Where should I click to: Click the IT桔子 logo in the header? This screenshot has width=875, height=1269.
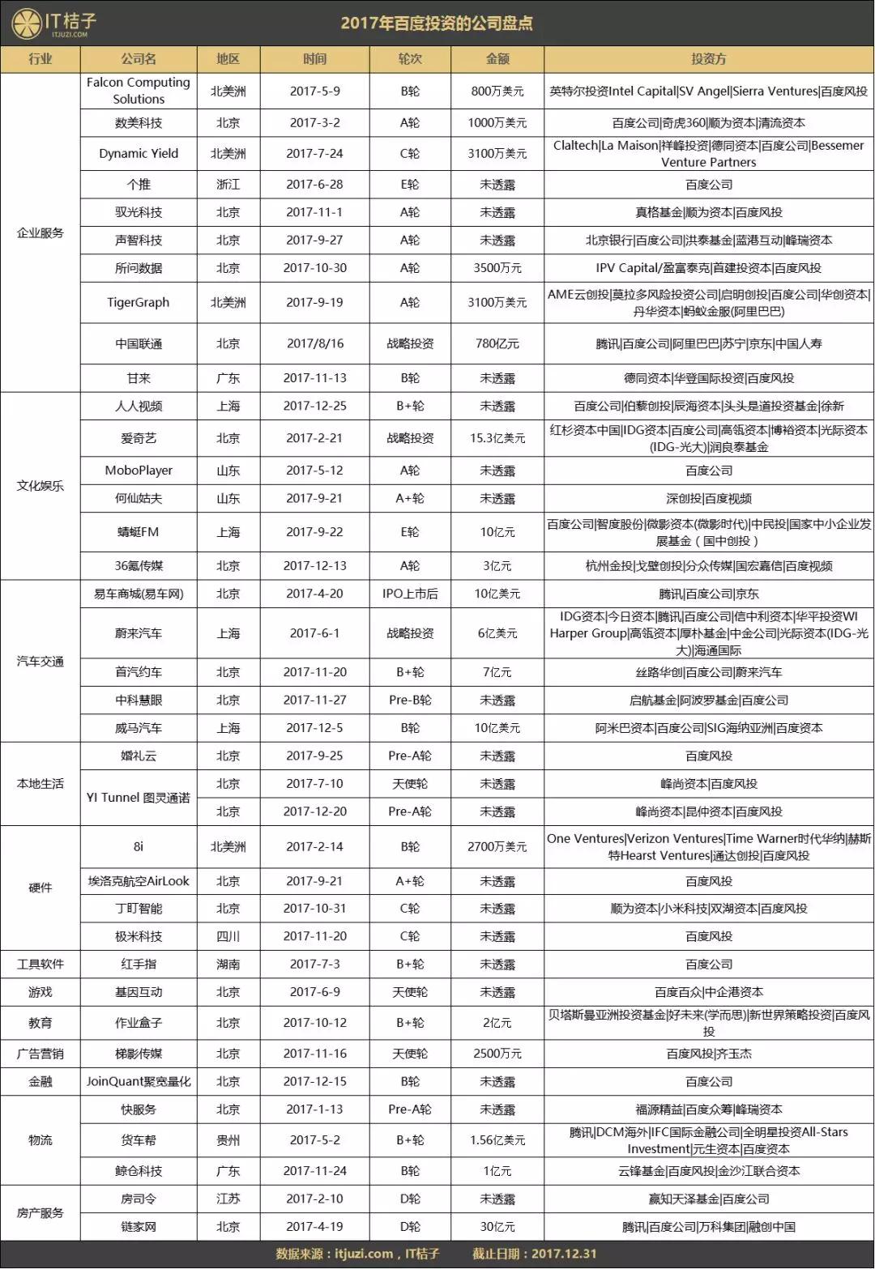coord(51,23)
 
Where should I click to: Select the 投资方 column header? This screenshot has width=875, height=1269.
coord(708,59)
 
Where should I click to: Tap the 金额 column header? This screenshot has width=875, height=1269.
coord(497,59)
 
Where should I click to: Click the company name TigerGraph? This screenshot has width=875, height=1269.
coord(139,302)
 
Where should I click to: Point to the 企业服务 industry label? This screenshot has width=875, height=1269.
coord(41,232)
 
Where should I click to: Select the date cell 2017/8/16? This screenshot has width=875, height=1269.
coord(314,343)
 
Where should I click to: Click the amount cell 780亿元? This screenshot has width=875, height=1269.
coord(497,343)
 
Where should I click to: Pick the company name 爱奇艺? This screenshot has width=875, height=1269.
coord(139,438)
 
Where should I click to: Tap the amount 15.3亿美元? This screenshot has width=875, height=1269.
coord(497,438)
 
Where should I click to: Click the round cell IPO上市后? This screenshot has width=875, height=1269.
coord(410,594)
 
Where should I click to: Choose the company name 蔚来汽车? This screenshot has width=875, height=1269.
coord(139,633)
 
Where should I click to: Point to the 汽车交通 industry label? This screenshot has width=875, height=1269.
coord(41,661)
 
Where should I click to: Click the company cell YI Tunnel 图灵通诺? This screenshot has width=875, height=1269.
coord(139,798)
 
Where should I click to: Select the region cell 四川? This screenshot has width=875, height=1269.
coord(228,936)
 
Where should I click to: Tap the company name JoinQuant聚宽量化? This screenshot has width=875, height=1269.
coord(139,1081)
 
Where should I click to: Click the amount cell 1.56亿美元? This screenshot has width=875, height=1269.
coord(497,1140)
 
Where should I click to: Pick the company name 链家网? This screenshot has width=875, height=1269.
coord(139,1227)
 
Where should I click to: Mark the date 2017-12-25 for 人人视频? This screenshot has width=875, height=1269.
coord(314,406)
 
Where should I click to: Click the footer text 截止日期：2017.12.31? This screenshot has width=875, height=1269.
coord(535,1254)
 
